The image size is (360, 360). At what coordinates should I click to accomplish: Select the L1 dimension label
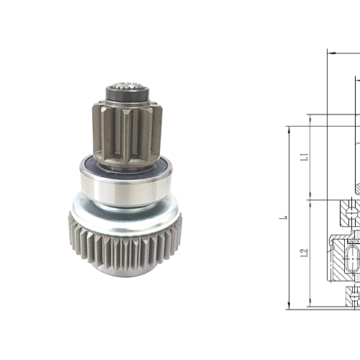(x=305, y=156)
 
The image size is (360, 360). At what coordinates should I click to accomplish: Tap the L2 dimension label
(x=305, y=253)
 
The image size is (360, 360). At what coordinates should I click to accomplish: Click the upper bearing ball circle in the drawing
(x=351, y=213)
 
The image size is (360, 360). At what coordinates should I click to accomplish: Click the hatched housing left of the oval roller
(x=339, y=259)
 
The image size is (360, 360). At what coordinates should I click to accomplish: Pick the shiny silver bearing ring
(x=125, y=186)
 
